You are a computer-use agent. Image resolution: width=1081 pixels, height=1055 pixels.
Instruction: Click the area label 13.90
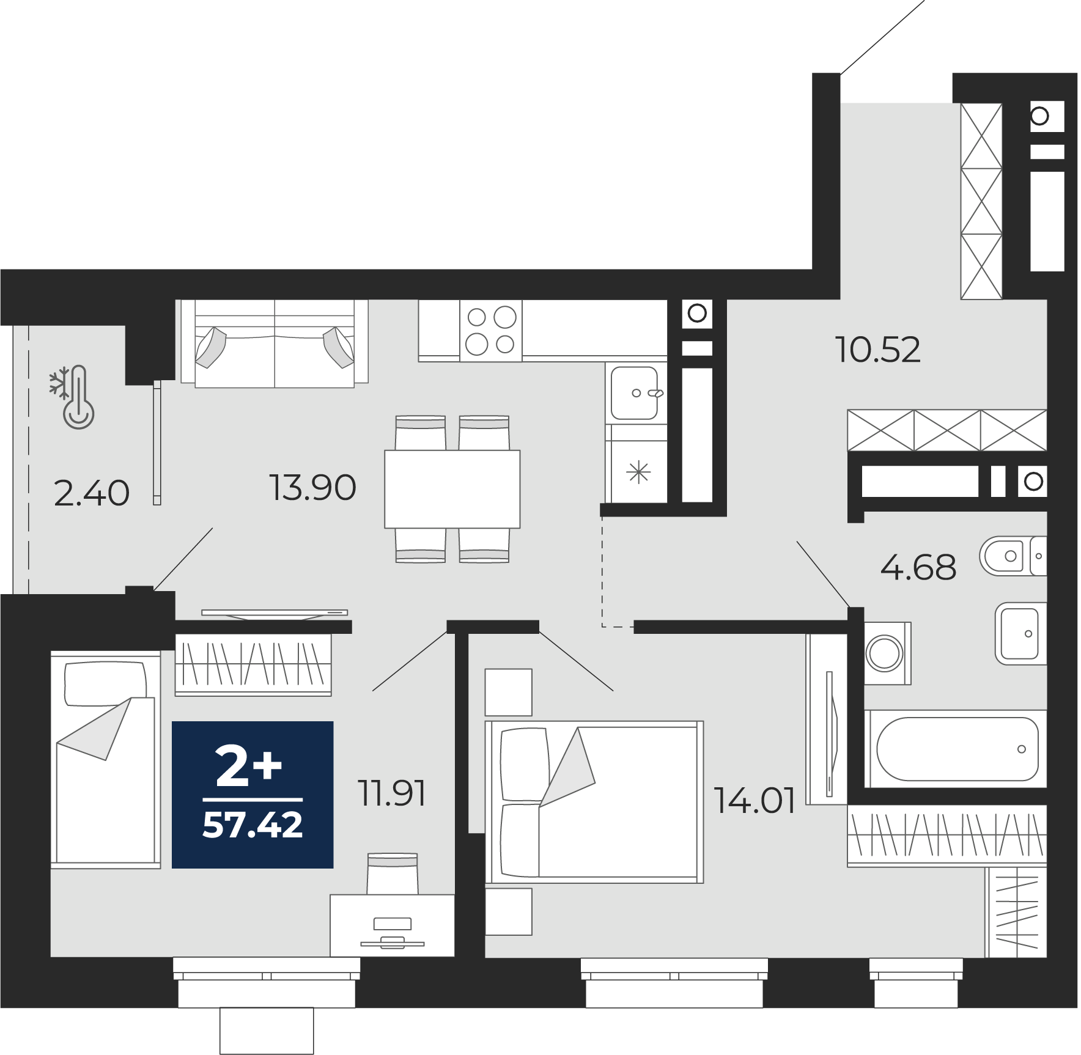[312, 488]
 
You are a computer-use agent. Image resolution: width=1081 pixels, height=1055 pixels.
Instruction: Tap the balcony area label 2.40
[92, 493]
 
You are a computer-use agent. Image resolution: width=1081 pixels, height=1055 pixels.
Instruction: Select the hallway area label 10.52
[877, 350]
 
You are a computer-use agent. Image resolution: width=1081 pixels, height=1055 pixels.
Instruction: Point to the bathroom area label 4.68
[918, 567]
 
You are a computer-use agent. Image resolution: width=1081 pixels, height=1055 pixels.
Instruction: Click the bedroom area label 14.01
[754, 800]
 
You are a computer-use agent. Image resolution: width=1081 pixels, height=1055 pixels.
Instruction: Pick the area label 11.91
[391, 793]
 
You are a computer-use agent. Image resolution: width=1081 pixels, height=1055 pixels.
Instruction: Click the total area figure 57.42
[253, 825]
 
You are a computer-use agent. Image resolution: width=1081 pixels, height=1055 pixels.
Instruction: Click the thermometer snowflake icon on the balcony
[72, 397]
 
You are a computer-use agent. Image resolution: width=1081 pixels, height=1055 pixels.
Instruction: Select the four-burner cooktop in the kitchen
[491, 331]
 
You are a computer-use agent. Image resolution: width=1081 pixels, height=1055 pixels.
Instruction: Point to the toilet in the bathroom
[1013, 556]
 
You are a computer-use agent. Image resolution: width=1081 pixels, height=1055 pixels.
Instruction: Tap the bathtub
[956, 749]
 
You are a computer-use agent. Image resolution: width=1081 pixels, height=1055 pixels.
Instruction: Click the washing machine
[888, 653]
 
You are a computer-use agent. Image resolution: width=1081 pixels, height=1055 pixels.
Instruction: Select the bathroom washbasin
[1020, 634]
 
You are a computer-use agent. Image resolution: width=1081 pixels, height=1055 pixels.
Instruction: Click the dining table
[452, 489]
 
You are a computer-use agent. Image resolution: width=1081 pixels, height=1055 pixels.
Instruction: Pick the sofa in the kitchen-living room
[275, 343]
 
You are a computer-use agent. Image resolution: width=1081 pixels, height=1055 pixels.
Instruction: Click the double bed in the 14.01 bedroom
[594, 802]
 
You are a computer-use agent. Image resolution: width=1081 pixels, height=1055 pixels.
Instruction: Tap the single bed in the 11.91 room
[105, 760]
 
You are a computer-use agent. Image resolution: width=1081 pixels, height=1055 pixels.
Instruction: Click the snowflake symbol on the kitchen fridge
[638, 472]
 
